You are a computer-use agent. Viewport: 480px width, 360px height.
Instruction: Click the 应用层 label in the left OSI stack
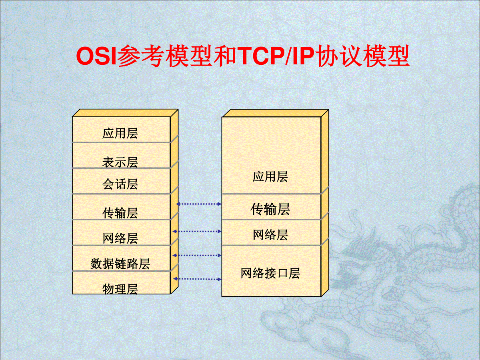[120, 133]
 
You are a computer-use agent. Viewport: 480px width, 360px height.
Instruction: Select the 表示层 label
[120, 162]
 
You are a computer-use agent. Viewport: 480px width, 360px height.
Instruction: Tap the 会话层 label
[120, 184]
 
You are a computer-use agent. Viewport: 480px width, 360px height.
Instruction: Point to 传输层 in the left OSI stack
[120, 213]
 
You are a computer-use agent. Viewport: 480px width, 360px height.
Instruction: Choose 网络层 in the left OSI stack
[120, 238]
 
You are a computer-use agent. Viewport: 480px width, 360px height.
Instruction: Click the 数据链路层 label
[120, 264]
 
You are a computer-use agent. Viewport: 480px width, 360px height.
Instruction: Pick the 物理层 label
[120, 289]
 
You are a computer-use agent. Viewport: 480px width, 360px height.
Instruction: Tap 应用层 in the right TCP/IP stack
[270, 177]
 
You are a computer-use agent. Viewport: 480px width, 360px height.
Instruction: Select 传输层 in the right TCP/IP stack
[270, 209]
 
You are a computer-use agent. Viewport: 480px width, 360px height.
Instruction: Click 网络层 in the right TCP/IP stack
[270, 235]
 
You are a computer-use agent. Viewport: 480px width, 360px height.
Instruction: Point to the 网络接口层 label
[270, 273]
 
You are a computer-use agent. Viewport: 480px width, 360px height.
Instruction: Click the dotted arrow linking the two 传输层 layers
[199, 204]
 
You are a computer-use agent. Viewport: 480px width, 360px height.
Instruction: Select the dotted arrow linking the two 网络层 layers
[197, 232]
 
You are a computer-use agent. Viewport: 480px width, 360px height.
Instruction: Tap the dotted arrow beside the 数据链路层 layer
[197, 255]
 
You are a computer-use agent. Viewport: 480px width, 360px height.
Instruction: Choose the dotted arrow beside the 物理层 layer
[197, 279]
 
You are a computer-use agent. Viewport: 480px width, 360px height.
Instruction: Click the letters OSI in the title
[96, 56]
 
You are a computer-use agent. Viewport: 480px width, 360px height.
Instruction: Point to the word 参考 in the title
[140, 56]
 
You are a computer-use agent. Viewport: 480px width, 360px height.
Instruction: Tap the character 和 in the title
[224, 56]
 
